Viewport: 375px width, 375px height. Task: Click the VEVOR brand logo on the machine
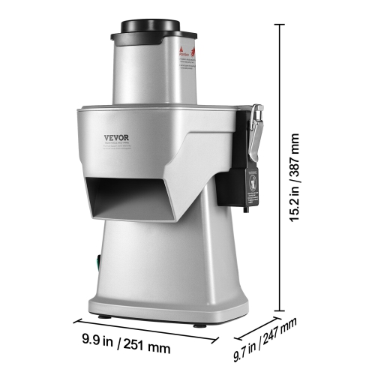click(x=117, y=136)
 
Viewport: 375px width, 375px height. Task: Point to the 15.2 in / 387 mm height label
click(x=294, y=172)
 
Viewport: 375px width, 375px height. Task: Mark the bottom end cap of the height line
click(x=281, y=310)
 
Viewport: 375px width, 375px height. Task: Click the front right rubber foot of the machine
click(x=199, y=323)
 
